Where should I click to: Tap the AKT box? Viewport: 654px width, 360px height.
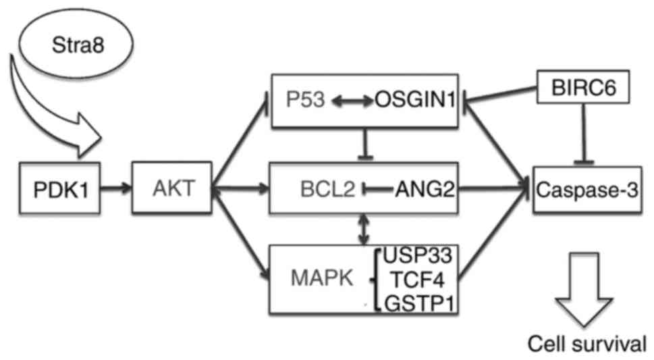tap(171, 188)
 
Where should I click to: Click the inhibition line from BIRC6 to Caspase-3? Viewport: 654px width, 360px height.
tap(582, 135)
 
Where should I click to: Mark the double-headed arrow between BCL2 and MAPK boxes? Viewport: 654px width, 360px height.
tap(365, 230)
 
